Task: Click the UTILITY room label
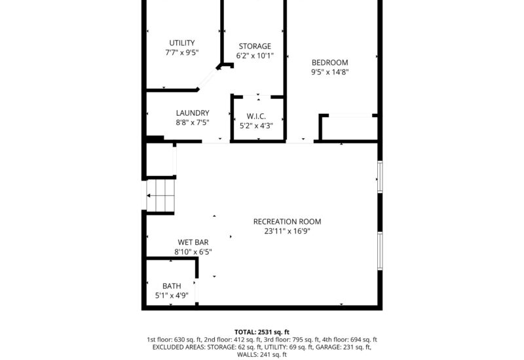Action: click(x=181, y=43)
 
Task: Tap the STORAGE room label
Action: click(x=254, y=46)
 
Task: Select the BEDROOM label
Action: click(x=329, y=63)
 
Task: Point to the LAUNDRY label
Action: click(x=192, y=113)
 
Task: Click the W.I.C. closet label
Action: click(x=256, y=116)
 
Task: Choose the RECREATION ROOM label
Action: click(x=287, y=221)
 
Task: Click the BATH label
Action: click(x=172, y=286)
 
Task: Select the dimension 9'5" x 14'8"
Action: click(x=329, y=73)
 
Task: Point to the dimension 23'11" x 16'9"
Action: click(x=287, y=231)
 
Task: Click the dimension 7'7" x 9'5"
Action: click(x=181, y=53)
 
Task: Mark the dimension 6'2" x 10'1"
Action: click(x=254, y=56)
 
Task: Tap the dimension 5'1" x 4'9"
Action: click(x=172, y=296)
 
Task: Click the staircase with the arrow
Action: click(x=161, y=196)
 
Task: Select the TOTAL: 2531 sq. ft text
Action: click(x=262, y=332)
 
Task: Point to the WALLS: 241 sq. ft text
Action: click(x=262, y=354)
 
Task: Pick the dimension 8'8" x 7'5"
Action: click(x=192, y=122)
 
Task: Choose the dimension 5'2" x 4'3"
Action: click(x=256, y=126)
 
